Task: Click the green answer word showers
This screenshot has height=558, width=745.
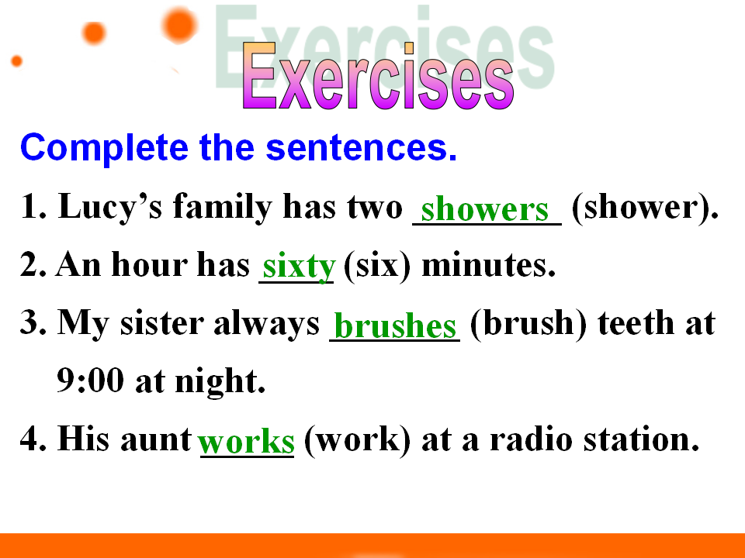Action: [484, 209]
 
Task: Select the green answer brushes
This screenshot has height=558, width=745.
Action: [395, 325]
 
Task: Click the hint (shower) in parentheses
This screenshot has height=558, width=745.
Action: [645, 208]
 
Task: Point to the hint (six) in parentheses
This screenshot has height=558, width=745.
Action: [377, 266]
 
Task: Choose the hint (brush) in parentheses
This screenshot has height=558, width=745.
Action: [528, 324]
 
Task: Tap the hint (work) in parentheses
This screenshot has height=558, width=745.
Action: [357, 440]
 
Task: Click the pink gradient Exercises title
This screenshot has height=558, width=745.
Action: [378, 75]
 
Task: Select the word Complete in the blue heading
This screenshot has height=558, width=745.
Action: [104, 149]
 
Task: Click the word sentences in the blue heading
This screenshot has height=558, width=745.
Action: [361, 147]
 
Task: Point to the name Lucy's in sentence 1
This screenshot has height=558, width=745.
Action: [109, 207]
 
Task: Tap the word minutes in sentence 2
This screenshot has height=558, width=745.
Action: [488, 265]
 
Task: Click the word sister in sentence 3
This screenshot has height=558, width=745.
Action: [162, 323]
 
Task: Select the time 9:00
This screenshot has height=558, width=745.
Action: [90, 381]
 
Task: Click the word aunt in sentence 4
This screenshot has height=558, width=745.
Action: [156, 440]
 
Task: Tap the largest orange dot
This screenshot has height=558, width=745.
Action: [179, 25]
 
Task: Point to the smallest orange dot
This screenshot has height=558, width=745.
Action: [16, 61]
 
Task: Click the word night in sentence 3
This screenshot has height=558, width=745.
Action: [220, 382]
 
